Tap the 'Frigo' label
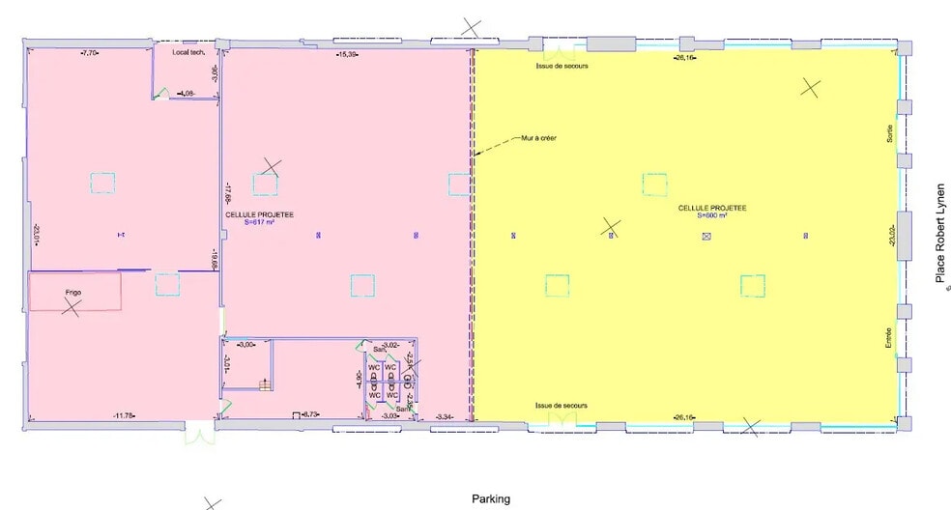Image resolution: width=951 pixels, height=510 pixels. click(72, 291)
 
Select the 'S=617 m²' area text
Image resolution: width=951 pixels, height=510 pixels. click(259, 222)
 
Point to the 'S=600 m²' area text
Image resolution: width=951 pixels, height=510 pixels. click(713, 215)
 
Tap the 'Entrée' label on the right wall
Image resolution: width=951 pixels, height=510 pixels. click(889, 337)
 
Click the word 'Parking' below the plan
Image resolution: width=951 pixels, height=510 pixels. click(491, 499)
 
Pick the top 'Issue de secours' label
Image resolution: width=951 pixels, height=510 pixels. click(562, 66)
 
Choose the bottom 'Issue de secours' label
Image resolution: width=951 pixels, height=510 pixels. click(562, 405)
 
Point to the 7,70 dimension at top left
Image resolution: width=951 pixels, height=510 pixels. click(92, 52)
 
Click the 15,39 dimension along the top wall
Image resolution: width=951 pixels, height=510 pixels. click(347, 54)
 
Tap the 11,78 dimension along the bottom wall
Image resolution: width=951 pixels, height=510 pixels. click(123, 416)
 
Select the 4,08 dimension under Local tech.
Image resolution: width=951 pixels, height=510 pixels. click(187, 93)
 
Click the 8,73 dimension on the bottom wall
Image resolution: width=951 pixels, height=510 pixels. click(311, 415)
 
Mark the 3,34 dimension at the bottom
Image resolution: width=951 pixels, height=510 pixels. click(445, 415)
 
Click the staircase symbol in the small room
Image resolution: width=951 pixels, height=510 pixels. click(263, 384)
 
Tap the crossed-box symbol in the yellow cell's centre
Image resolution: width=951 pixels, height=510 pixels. click(706, 235)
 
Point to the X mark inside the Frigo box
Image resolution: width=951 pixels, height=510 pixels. click(71, 308)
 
